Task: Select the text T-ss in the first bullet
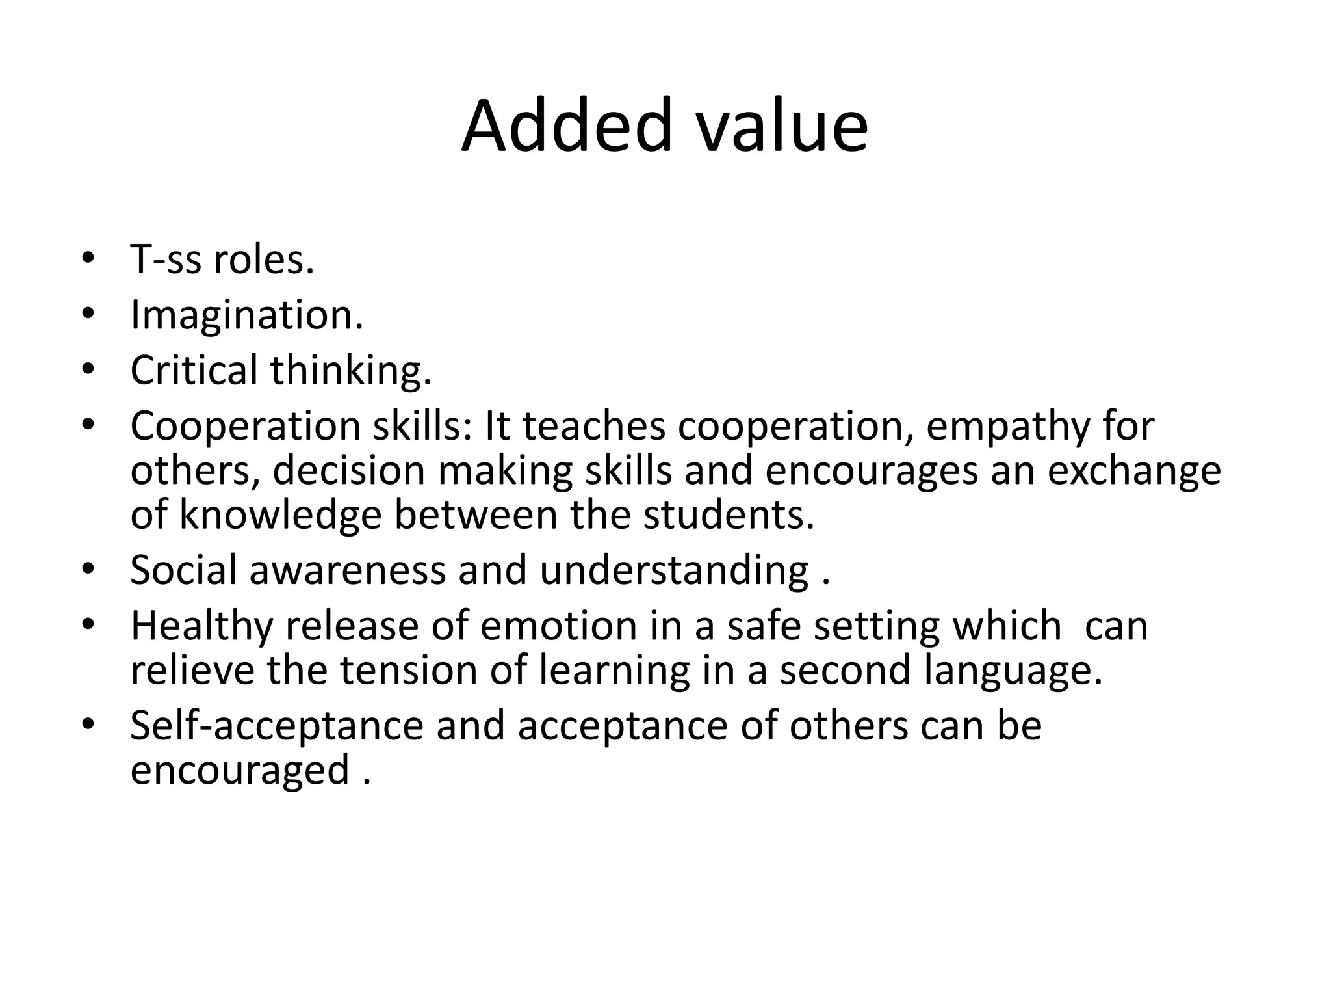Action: [x=165, y=260]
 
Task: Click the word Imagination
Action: [x=246, y=315]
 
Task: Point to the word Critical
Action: [x=194, y=370]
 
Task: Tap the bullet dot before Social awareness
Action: [x=88, y=569]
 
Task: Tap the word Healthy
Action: [x=201, y=626]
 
